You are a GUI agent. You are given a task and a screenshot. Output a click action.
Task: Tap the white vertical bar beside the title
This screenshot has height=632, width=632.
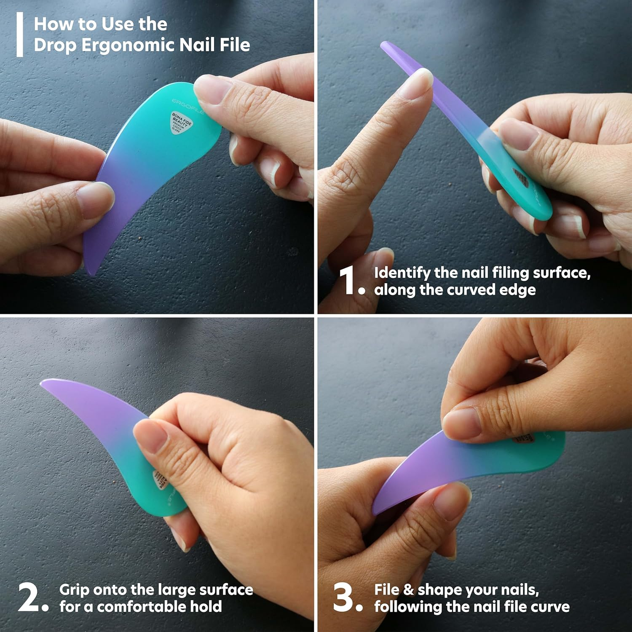(x=19, y=35)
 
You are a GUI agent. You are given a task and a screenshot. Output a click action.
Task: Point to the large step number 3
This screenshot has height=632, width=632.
(x=343, y=597)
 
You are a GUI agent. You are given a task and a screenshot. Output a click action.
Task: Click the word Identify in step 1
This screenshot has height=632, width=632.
(x=402, y=273)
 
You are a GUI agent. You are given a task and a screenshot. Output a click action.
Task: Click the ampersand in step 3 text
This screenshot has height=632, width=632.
(x=408, y=590)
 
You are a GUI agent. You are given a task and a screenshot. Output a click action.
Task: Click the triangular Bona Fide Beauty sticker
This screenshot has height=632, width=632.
(x=181, y=123)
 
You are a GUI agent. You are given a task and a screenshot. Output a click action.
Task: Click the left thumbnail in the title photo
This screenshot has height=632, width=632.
(x=95, y=198)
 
